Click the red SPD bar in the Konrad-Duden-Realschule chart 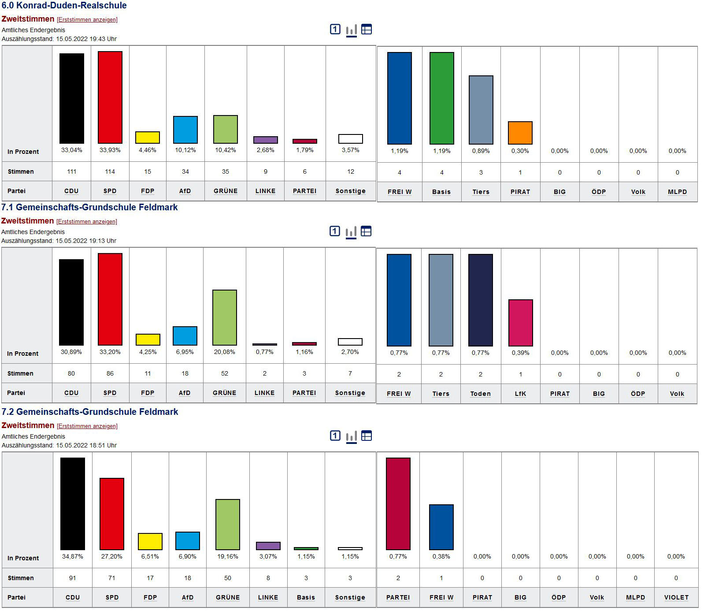click(110, 97)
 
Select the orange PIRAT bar click(520, 133)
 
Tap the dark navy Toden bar click(480, 300)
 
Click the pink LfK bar click(520, 323)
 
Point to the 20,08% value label click(225, 352)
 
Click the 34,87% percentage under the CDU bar click(72, 556)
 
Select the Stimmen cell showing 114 click(110, 171)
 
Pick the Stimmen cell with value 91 click(72, 578)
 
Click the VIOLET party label click(676, 597)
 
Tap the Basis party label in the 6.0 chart click(441, 192)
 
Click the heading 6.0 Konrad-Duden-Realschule click(64, 6)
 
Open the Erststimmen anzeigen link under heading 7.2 click(87, 426)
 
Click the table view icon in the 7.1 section click(366, 231)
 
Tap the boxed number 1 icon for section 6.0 click(335, 29)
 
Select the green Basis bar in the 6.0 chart click(441, 98)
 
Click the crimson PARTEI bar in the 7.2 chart click(398, 503)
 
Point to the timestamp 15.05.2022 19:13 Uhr click(86, 241)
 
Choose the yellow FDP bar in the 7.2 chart click(150, 541)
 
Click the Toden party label click(480, 394)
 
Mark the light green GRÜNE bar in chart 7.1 click(225, 317)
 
